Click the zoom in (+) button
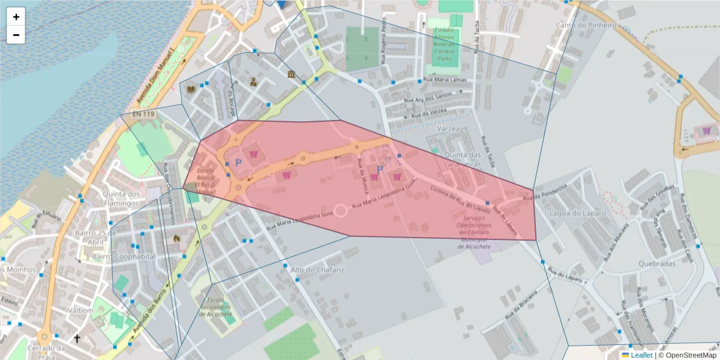pyautogui.click(x=16, y=17)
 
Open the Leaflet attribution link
pyautogui.click(x=641, y=355)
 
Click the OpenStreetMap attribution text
pyautogui.click(x=688, y=355)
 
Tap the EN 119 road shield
pyautogui.click(x=143, y=114)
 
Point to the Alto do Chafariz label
pyautogui.click(x=317, y=270)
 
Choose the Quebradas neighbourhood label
pyautogui.click(x=657, y=263)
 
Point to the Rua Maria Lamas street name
pyautogui.click(x=445, y=79)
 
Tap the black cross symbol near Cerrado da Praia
pyautogui.click(x=77, y=338)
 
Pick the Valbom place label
pyautogui.click(x=80, y=311)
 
